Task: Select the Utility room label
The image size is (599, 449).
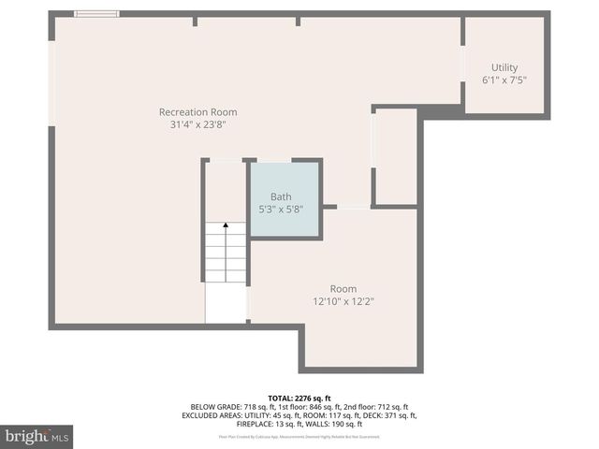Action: click(504, 67)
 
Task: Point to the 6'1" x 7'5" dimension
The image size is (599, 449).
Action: click(504, 80)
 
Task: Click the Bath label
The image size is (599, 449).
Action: click(281, 196)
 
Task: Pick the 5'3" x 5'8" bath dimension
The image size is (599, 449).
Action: click(281, 209)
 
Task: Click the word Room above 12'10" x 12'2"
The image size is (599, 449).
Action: click(343, 289)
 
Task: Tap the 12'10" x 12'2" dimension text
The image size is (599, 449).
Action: click(343, 301)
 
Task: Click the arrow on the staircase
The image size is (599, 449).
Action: click(225, 227)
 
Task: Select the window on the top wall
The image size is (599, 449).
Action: click(96, 13)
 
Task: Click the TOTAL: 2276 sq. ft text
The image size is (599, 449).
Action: click(299, 398)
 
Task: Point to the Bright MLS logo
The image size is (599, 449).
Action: click(37, 437)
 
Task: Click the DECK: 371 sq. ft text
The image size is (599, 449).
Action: click(386, 415)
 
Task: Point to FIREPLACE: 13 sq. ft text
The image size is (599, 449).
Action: click(263, 424)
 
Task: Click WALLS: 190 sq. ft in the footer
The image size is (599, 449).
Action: click(329, 424)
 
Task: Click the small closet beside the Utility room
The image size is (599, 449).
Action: click(395, 157)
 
